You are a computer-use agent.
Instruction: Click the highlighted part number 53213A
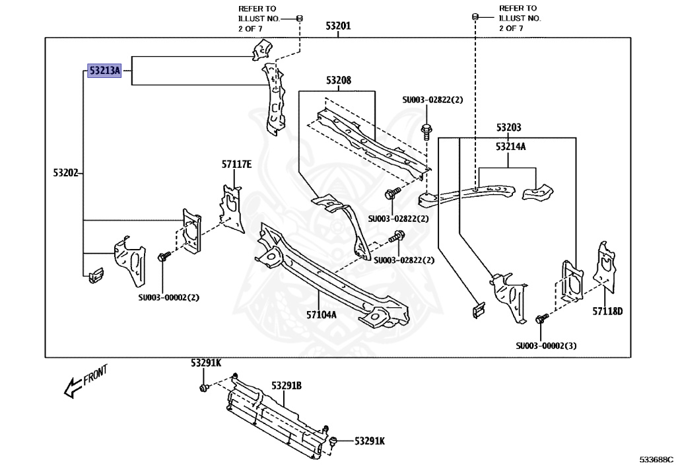pos(104,70)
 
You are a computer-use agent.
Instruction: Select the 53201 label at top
pos(338,26)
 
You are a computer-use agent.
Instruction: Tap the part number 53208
pos(339,80)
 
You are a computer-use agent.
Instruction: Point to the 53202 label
pos(66,173)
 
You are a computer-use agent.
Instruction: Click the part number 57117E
pos(237,164)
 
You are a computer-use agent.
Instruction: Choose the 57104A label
pos(321,315)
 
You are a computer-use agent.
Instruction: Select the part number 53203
pos(509,127)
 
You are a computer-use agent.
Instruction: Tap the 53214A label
pos(511,147)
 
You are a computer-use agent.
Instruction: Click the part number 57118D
pos(607,311)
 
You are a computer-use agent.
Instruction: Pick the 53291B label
pos(287,386)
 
